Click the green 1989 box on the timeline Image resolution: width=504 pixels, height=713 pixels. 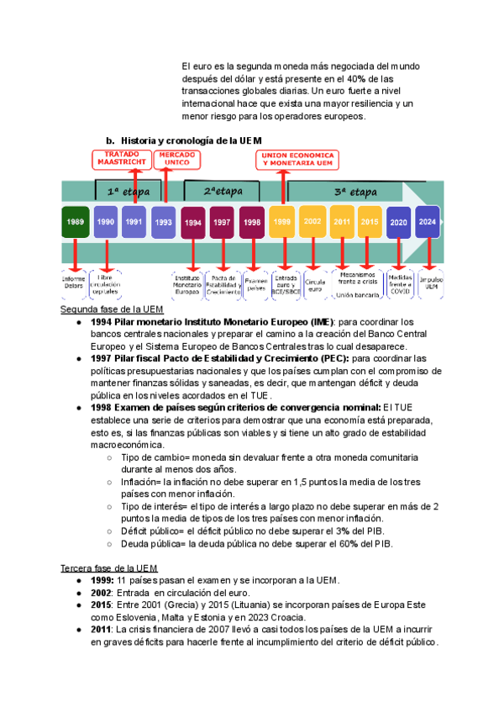76,221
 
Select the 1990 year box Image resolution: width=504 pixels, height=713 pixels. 106,221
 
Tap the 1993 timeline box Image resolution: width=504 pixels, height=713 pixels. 163,222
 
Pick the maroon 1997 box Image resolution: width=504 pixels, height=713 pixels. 223,222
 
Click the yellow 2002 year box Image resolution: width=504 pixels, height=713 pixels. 312,221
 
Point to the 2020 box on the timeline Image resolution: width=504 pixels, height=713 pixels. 398,222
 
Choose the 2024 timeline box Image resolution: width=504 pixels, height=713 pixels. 428,222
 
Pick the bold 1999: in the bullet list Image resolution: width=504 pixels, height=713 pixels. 102,581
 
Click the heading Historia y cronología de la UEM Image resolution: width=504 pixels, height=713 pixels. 192,140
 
